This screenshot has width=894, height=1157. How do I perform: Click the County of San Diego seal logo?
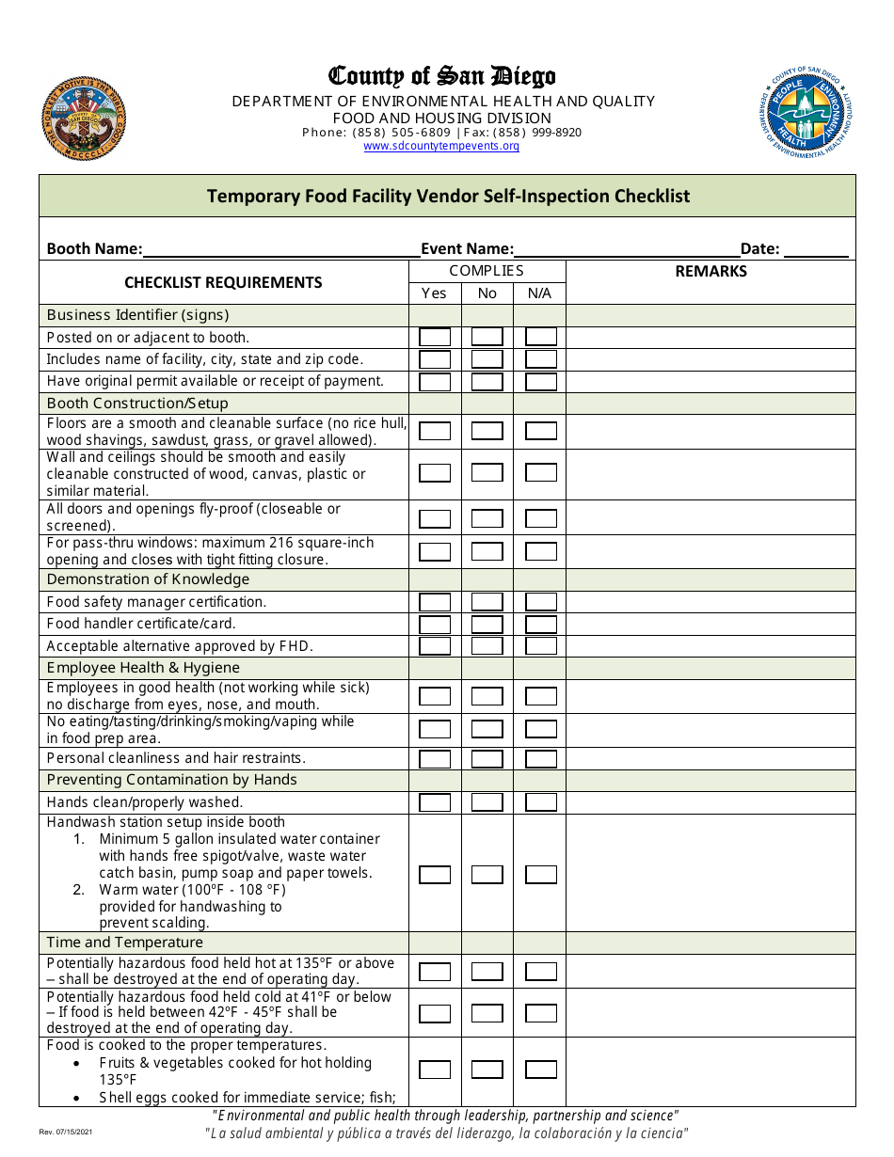(84, 119)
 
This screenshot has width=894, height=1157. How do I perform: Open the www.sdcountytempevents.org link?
(441, 146)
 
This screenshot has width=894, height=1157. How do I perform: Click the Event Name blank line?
(626, 249)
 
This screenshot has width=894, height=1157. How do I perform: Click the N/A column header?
(539, 293)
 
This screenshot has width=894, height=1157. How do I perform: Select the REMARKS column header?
(710, 272)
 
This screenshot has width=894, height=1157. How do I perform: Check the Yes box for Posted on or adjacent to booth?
(435, 337)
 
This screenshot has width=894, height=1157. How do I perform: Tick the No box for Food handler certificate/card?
(487, 624)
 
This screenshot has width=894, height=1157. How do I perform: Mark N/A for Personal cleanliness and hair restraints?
(541, 758)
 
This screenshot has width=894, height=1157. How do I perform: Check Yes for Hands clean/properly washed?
(435, 802)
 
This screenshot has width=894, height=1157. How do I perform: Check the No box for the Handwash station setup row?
(487, 874)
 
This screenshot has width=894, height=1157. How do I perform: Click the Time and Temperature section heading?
(125, 943)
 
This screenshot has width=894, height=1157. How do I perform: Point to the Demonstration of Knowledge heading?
(148, 579)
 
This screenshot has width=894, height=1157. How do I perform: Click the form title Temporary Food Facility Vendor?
(448, 197)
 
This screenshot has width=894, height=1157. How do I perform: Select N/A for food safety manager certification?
(541, 602)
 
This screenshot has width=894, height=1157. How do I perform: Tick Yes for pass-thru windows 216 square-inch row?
(435, 552)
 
